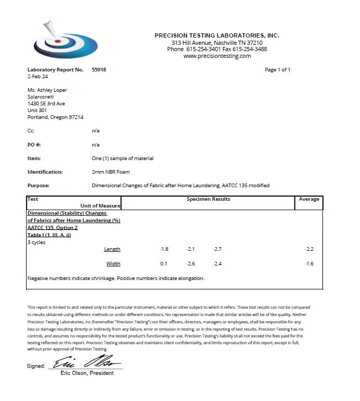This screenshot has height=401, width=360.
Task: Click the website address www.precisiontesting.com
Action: (x=217, y=56)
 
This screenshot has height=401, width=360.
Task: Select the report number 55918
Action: (x=99, y=70)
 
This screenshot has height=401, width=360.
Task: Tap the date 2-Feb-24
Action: (x=38, y=77)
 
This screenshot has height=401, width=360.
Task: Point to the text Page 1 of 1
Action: (x=278, y=70)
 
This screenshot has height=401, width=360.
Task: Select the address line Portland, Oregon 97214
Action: (x=55, y=117)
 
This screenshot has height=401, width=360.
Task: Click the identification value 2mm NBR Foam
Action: (x=111, y=172)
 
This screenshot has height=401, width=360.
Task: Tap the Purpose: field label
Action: (x=38, y=186)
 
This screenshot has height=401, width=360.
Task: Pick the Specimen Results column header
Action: (x=208, y=199)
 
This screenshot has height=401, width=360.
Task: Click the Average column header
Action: (x=309, y=199)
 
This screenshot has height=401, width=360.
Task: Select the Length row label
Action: (x=112, y=249)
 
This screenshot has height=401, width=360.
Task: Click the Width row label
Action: (x=113, y=264)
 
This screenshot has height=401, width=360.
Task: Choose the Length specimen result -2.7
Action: (x=217, y=249)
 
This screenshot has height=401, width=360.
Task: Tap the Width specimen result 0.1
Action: (x=164, y=264)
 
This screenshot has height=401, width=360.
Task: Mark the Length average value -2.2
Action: (x=309, y=249)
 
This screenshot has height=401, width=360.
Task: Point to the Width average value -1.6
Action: (x=309, y=264)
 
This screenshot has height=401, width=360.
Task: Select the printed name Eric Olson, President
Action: (x=87, y=373)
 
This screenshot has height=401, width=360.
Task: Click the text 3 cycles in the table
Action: (x=37, y=242)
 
